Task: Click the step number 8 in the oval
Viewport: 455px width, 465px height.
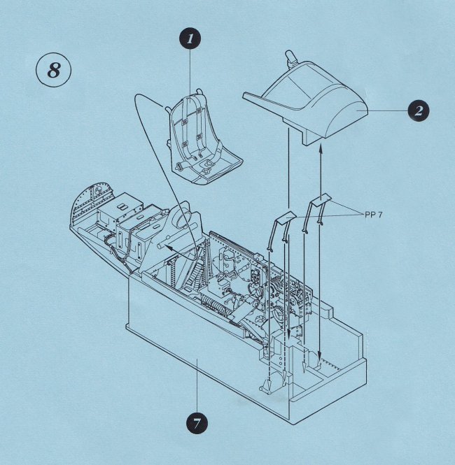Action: pyautogui.click(x=53, y=71)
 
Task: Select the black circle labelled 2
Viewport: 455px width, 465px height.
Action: pyautogui.click(x=417, y=110)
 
